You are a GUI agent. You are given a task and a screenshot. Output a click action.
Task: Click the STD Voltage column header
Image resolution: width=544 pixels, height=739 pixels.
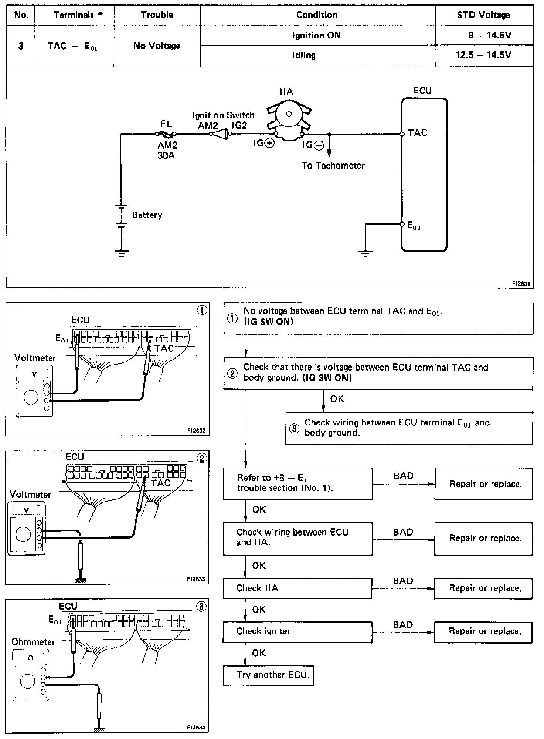pos(483,15)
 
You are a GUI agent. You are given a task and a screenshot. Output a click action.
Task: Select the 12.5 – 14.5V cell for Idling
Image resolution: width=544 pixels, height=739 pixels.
pos(483,55)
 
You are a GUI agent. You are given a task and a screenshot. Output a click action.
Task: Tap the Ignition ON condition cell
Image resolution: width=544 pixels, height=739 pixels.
pos(316,36)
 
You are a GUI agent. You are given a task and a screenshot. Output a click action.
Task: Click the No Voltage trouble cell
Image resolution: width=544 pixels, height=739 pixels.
pos(157,46)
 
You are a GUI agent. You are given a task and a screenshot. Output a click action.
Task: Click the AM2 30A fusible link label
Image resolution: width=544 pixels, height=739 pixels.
pos(167,150)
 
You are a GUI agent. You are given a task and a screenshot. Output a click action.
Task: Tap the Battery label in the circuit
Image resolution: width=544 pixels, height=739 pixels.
pos(147,215)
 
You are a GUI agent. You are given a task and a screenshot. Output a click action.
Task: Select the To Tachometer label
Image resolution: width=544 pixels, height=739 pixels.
pos(333,166)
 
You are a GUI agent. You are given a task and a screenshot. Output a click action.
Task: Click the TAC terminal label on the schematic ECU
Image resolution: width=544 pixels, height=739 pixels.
pos(418,133)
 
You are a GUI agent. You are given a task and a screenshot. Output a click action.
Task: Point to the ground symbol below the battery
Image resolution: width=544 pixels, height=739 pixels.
pos(121,253)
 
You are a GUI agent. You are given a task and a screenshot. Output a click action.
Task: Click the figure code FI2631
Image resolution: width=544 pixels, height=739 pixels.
pos(521,284)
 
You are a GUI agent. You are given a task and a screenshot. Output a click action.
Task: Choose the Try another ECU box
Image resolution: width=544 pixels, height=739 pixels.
pos(269,675)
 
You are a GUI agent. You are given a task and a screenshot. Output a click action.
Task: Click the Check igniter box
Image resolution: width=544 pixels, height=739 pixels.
pos(297,631)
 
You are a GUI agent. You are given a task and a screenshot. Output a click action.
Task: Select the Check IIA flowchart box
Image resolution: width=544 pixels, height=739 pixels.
pos(297,588)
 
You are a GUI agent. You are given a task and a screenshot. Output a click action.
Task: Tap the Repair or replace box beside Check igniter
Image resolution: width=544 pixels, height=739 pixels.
pos(483,631)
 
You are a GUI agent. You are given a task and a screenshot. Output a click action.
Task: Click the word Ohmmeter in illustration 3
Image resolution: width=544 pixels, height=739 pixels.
pos(33,642)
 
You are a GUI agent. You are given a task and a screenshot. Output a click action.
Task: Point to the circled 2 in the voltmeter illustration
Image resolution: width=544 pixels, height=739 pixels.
pos(202,458)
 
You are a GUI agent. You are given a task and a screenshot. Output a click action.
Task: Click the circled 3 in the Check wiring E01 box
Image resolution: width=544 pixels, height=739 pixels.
pos(294,429)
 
